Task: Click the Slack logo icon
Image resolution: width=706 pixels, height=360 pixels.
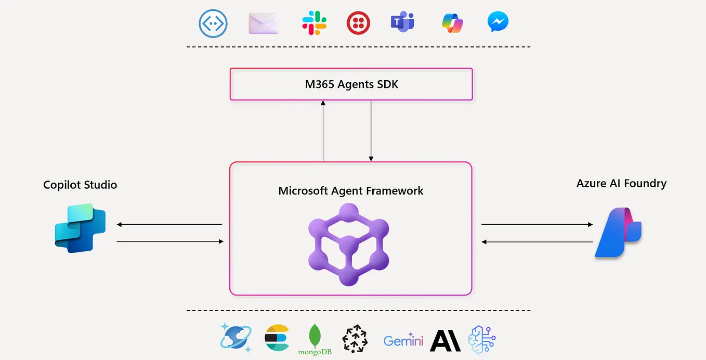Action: pyautogui.click(x=314, y=23)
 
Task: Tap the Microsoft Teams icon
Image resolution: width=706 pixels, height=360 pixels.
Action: pyautogui.click(x=402, y=22)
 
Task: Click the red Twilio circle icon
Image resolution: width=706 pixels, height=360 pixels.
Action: pyautogui.click(x=358, y=23)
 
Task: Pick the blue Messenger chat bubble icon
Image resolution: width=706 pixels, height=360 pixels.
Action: pyautogui.click(x=498, y=22)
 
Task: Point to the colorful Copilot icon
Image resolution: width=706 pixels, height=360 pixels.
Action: pyautogui.click(x=452, y=23)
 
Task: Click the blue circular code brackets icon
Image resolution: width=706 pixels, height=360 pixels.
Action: pyautogui.click(x=214, y=23)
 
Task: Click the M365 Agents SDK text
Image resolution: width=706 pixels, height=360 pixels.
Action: pyautogui.click(x=351, y=84)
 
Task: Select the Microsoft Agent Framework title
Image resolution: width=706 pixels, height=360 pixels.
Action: pyautogui.click(x=351, y=191)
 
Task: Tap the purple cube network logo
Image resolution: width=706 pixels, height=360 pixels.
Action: pyautogui.click(x=349, y=244)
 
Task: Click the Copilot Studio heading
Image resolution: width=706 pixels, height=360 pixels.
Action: pyautogui.click(x=80, y=185)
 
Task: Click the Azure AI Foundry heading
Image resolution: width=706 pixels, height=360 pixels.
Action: pyautogui.click(x=621, y=183)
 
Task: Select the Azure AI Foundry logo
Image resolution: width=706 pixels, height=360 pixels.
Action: pyautogui.click(x=618, y=233)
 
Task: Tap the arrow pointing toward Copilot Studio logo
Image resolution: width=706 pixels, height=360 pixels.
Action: pyautogui.click(x=169, y=225)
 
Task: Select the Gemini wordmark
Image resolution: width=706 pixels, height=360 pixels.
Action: pyautogui.click(x=403, y=341)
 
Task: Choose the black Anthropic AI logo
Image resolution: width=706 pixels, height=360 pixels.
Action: pyautogui.click(x=446, y=340)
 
